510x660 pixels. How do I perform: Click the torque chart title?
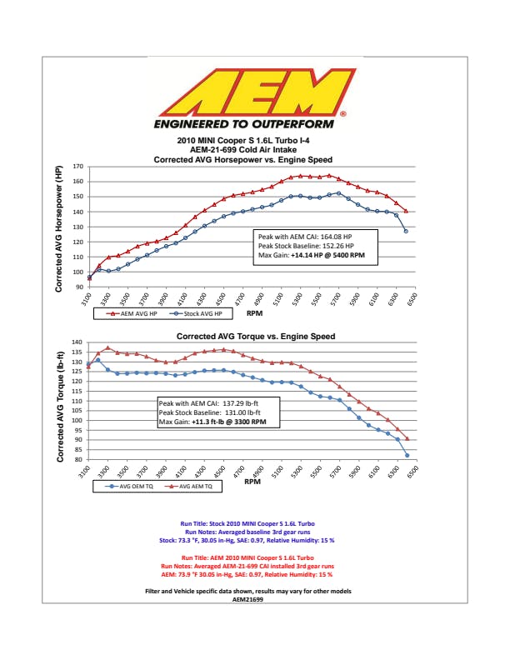click(x=256, y=337)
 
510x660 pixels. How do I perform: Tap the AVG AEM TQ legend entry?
click(x=192, y=484)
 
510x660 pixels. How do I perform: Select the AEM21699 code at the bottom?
click(x=255, y=598)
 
